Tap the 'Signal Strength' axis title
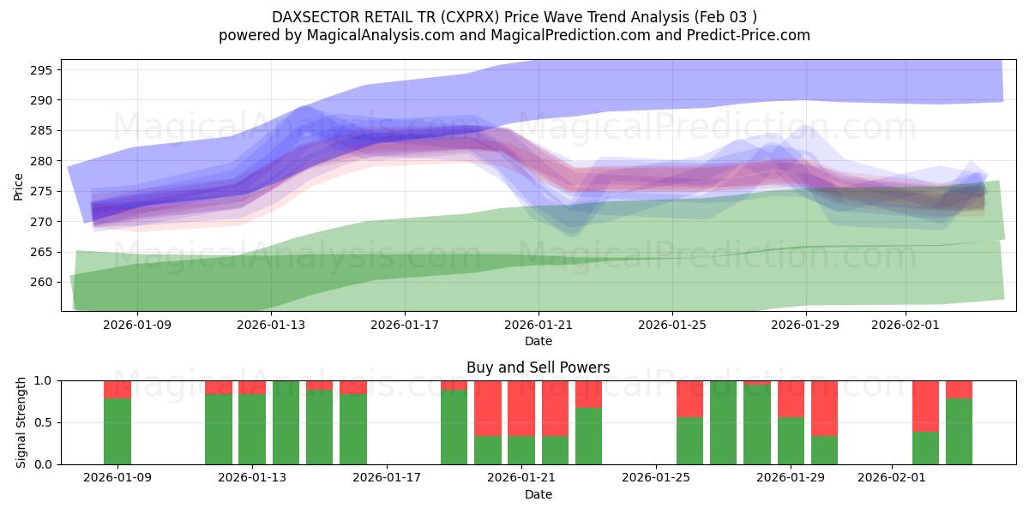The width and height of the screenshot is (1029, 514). pos(22,422)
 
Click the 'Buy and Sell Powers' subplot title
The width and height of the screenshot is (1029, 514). pos(538,368)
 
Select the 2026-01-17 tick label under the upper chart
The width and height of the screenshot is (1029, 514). pos(405,325)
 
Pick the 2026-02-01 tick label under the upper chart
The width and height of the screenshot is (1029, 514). pos(906,325)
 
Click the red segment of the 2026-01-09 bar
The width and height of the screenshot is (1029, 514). pos(117,389)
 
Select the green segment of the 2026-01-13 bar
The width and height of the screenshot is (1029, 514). pos(252,428)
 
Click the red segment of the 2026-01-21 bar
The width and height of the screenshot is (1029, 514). pos(521,408)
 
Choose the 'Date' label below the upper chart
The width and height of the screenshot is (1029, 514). pos(538,341)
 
